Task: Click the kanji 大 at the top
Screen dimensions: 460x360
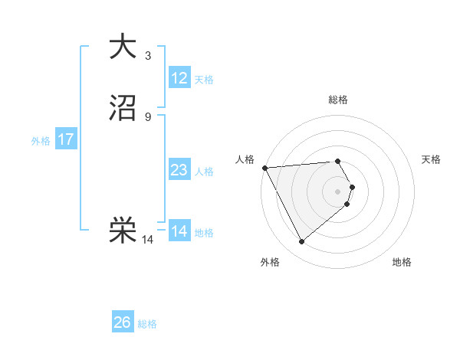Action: click(x=123, y=47)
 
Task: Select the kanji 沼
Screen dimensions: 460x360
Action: click(x=123, y=110)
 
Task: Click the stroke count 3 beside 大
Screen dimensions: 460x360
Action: click(x=147, y=55)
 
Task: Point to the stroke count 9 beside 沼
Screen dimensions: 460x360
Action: click(x=147, y=117)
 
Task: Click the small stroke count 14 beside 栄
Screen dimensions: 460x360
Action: click(x=147, y=240)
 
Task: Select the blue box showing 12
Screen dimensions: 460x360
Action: click(x=179, y=78)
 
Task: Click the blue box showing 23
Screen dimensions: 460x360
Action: click(x=179, y=171)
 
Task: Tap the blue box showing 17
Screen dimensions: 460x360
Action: click(x=65, y=140)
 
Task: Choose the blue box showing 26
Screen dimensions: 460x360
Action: click(x=122, y=322)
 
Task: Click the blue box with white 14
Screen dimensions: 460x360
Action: click(x=179, y=231)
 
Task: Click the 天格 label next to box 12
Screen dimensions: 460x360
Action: click(x=204, y=80)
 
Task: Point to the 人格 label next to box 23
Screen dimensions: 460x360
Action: click(x=204, y=172)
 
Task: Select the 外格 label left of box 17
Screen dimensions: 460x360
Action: click(x=41, y=141)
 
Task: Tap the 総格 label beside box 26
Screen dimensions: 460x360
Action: click(x=147, y=324)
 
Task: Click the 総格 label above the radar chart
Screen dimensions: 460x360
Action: click(x=337, y=100)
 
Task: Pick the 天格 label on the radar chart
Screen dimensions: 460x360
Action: click(x=431, y=159)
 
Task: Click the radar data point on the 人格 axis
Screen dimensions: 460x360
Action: click(x=264, y=167)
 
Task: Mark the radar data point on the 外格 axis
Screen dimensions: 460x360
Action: click(x=301, y=242)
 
